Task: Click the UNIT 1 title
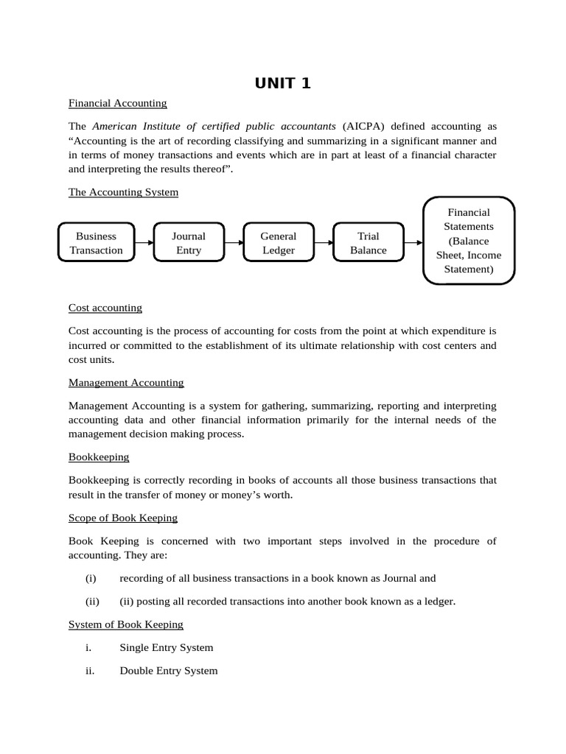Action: pos(282,83)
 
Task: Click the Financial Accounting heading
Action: pos(117,103)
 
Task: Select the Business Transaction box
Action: pos(96,243)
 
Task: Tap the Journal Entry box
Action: pos(188,243)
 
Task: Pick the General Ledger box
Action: pos(279,243)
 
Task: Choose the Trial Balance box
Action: pos(368,243)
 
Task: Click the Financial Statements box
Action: pos(469,241)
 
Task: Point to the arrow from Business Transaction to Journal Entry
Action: pos(144,242)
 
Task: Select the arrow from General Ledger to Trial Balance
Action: pos(324,242)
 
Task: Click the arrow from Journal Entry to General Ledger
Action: pos(234,242)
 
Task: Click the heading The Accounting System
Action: pos(123,192)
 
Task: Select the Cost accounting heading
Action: pos(105,308)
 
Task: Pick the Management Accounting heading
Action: pos(126,383)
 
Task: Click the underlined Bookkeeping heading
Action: pos(99,457)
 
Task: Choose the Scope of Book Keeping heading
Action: pos(123,518)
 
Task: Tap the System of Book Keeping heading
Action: pos(126,624)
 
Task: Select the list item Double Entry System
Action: pos(168,671)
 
